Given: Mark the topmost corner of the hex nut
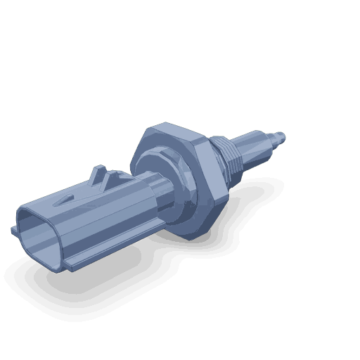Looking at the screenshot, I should pos(149,128).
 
